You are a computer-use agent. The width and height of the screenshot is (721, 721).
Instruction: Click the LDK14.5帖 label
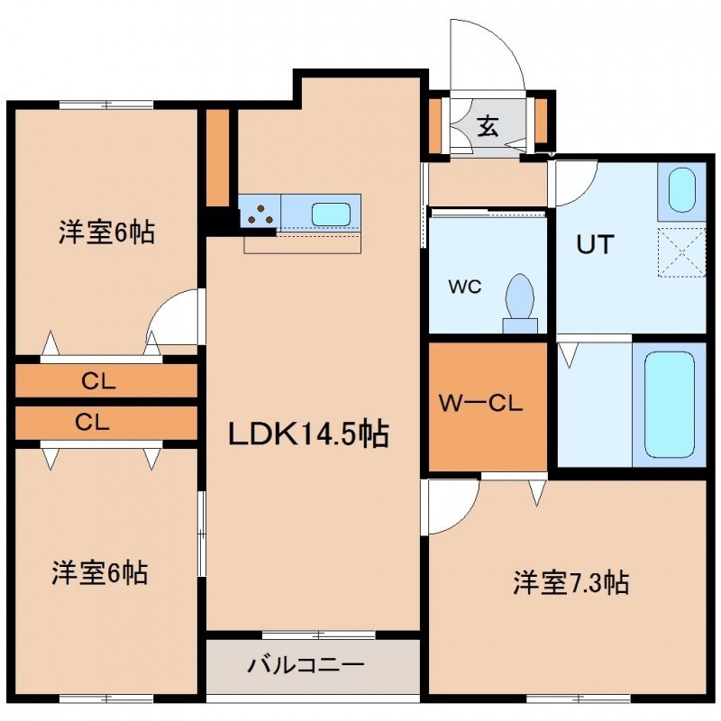tap(308, 434)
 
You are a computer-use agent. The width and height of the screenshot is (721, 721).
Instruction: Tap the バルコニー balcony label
tap(306, 665)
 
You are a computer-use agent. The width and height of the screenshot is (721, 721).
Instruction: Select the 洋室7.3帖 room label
tap(571, 582)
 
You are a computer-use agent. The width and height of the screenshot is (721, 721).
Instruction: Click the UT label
tap(595, 244)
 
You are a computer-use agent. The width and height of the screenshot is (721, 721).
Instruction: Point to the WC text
tap(465, 287)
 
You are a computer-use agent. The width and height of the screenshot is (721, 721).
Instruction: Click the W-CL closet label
tap(480, 404)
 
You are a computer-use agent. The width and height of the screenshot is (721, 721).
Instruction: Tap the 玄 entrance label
tap(488, 125)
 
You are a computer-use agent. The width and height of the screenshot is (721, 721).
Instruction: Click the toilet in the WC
tap(520, 303)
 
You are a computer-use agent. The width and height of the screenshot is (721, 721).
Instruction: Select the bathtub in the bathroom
tap(669, 405)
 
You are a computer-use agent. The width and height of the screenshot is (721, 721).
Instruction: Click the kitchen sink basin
tap(331, 214)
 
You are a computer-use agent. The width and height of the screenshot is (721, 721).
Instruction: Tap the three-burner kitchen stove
tap(260, 215)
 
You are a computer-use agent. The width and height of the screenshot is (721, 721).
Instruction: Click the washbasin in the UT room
tap(681, 190)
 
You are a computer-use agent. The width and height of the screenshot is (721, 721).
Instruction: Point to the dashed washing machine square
tap(681, 252)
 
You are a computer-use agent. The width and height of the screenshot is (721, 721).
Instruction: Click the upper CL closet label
tap(98, 381)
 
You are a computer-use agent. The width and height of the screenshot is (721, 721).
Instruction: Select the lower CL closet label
tap(92, 422)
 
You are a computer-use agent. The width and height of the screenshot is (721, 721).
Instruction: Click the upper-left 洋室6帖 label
tap(106, 232)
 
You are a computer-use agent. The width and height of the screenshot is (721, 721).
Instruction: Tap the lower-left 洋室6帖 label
tap(100, 572)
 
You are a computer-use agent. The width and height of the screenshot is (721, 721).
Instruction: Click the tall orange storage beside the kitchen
tap(217, 158)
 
